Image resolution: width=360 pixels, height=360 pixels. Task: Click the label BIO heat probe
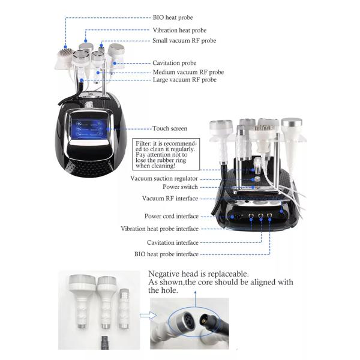click(173, 17)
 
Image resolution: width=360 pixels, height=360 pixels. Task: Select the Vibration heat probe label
click(179, 31)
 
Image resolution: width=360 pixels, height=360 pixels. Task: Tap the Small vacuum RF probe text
click(184, 41)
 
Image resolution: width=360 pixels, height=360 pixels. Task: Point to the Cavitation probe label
click(174, 63)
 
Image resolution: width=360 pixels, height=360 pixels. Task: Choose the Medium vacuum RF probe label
click(188, 72)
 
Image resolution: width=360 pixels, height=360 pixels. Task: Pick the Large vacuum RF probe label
click(185, 80)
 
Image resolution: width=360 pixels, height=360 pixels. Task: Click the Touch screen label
click(170, 128)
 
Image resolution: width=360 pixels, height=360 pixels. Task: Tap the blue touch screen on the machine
click(89, 129)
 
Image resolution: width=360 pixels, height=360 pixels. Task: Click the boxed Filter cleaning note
click(166, 154)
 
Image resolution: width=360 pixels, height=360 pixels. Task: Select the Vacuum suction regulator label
click(164, 178)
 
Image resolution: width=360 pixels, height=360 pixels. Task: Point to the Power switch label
click(180, 187)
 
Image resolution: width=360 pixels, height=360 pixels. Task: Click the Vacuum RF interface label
click(170, 199)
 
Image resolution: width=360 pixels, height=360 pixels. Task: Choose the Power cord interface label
click(171, 216)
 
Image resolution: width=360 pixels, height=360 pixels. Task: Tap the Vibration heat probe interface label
click(160, 229)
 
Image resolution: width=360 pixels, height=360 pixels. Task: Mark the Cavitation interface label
click(173, 242)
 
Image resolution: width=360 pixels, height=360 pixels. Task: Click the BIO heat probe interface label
click(166, 254)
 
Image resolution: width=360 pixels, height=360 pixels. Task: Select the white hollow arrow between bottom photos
click(148, 316)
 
